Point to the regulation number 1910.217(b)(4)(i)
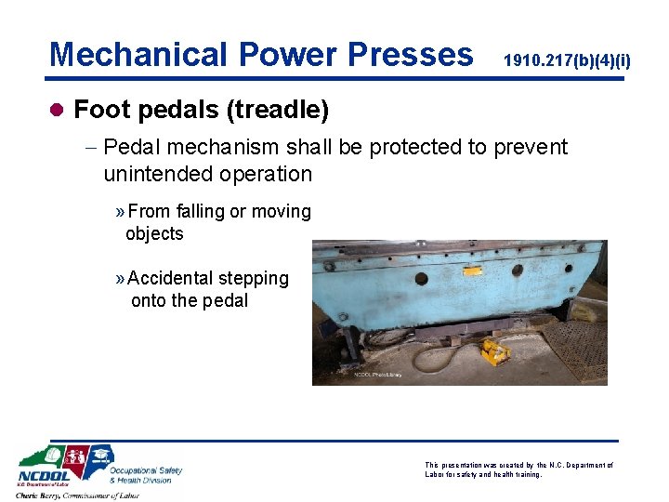click(x=567, y=61)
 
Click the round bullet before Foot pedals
click(x=58, y=111)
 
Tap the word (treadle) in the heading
click(x=277, y=111)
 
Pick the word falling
click(x=200, y=212)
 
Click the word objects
click(x=154, y=233)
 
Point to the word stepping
click(x=253, y=279)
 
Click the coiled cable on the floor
click(x=439, y=357)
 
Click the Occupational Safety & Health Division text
click(x=146, y=475)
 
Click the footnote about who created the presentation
click(x=518, y=469)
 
